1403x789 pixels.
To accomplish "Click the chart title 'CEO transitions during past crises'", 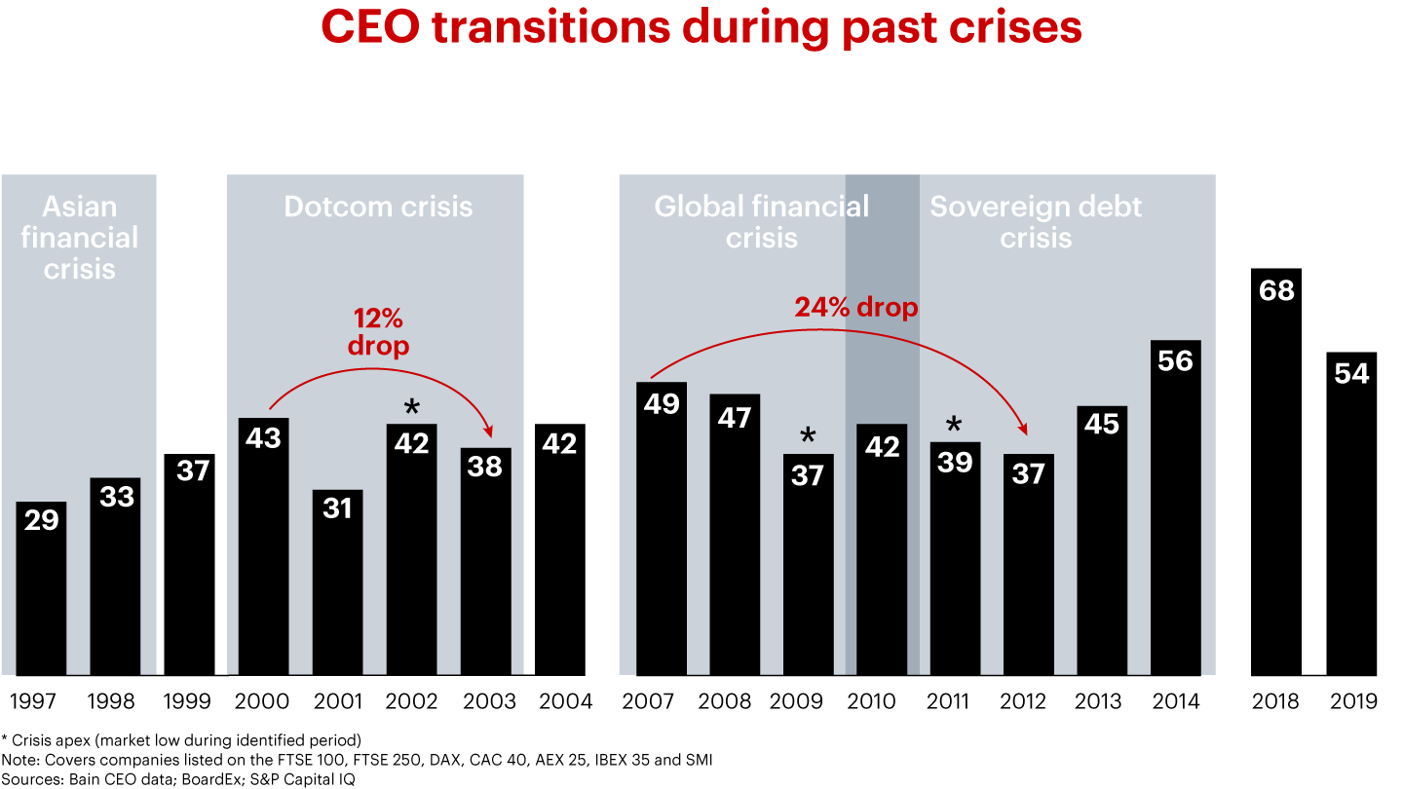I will [701, 27].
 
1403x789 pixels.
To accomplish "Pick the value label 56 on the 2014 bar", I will [1175, 361].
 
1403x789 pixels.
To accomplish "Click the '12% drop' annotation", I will [378, 332].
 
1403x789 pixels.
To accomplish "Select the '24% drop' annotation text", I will [856, 308].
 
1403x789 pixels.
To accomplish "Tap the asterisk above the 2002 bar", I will [411, 406].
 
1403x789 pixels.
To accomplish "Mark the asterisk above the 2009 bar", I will [808, 435].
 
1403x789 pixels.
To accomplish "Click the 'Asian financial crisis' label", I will [79, 238].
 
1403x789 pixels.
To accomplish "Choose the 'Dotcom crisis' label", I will [378, 207].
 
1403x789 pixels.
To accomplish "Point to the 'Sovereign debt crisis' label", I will [1036, 222].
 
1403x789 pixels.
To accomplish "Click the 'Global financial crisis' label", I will [761, 222].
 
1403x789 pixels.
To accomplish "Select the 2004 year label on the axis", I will [560, 701].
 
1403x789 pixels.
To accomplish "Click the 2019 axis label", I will [1351, 701].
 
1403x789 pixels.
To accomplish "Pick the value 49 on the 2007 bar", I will [662, 403].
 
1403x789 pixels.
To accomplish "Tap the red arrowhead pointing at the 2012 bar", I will [1022, 429].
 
